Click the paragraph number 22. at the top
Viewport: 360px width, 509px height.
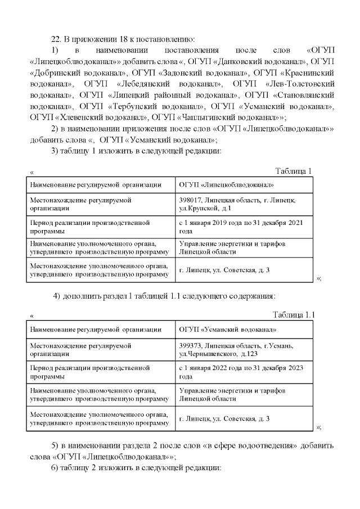pyautogui.click(x=56, y=39)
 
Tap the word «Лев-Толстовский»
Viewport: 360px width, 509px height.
pyautogui.click(x=299, y=84)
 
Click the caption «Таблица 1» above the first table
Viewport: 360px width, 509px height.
pyautogui.click(x=292, y=170)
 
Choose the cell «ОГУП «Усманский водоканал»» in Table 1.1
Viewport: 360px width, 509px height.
pyautogui.click(x=227, y=329)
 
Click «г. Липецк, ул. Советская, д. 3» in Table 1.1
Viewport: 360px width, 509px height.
pyautogui.click(x=224, y=418)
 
